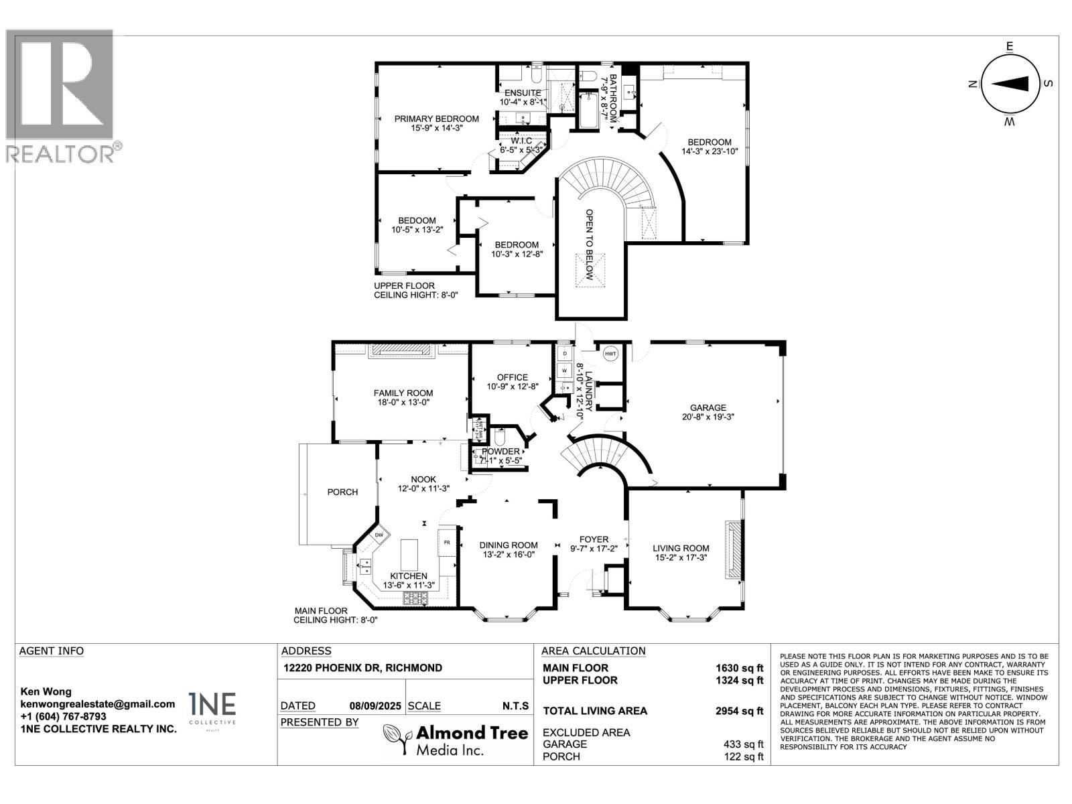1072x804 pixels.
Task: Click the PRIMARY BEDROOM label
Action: (x=436, y=119)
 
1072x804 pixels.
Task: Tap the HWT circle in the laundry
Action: (x=610, y=354)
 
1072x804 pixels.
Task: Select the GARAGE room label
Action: (x=708, y=407)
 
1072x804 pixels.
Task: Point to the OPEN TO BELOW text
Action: (x=590, y=245)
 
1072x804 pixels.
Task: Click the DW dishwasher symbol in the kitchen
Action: (x=379, y=535)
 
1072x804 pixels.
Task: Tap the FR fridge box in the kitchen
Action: (x=447, y=542)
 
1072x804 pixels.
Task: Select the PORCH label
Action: (x=342, y=492)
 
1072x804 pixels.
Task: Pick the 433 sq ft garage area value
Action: (x=742, y=744)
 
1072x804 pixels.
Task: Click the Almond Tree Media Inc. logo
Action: (x=455, y=740)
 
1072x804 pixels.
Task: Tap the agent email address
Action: (x=97, y=704)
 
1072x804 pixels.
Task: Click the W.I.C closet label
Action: (x=521, y=141)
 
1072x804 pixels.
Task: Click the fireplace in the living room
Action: (x=734, y=549)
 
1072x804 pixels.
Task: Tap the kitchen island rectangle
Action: (x=409, y=553)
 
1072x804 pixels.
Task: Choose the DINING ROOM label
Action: (x=509, y=545)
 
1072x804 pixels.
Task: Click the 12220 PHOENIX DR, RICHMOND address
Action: (x=362, y=668)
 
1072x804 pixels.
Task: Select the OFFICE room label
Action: (x=512, y=377)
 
